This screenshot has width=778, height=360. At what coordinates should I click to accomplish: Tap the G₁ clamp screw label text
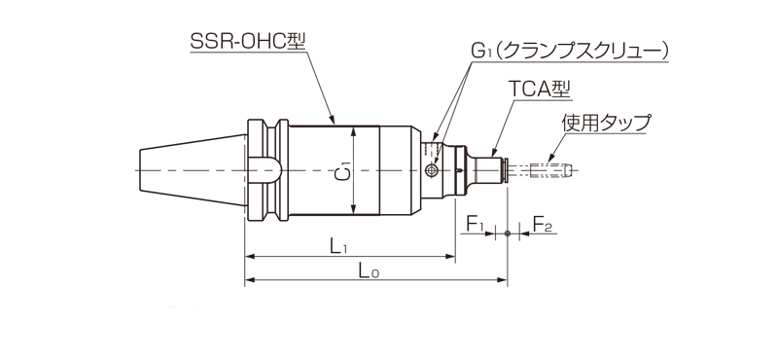570,52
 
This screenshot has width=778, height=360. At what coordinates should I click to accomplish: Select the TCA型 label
540,89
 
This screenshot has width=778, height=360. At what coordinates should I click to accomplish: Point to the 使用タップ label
605,123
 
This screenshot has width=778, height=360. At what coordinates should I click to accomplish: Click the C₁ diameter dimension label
345,171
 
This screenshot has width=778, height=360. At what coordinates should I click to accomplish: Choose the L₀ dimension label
369,270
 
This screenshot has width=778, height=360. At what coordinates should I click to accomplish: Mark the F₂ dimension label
542,224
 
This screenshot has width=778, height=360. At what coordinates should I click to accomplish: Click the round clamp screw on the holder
431,171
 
